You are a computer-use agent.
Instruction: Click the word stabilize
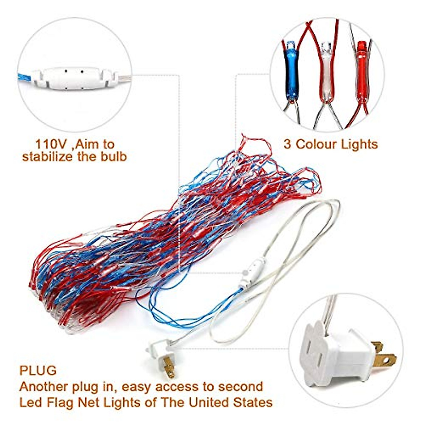tap(48, 156)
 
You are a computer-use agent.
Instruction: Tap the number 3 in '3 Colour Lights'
tap(288, 144)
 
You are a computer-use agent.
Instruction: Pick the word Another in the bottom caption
tap(45, 387)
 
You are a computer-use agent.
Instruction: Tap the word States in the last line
tap(253, 402)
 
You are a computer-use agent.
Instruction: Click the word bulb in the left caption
tap(113, 156)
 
